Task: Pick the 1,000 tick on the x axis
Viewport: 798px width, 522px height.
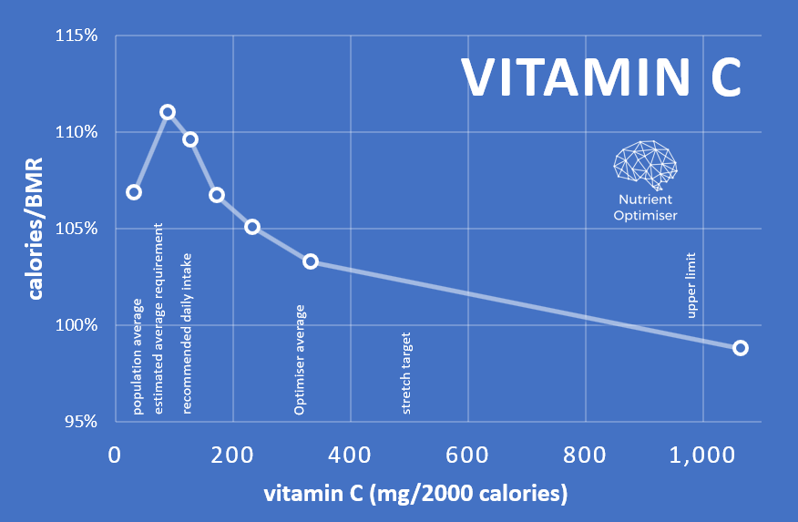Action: pos(702,455)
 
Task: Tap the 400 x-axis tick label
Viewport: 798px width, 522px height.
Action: pos(351,455)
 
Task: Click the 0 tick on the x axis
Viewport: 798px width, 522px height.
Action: pos(116,455)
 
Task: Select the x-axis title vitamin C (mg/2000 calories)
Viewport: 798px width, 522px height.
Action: pos(415,495)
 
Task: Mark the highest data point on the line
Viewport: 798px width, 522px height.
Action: pos(168,112)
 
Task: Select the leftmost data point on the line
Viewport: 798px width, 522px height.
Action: pos(134,192)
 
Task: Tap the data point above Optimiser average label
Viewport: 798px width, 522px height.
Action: pos(311,261)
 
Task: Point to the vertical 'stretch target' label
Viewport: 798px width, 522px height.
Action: pos(406,374)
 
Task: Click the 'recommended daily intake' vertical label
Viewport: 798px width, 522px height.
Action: pos(187,333)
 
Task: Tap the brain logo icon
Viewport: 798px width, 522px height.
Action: pos(645,162)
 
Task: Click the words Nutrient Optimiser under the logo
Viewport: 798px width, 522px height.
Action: pos(645,207)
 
